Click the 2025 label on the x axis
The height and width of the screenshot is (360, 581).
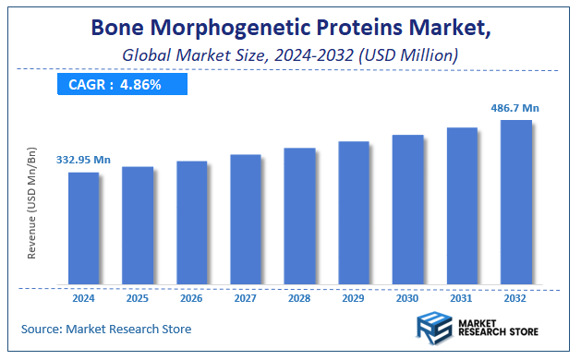[x=138, y=298]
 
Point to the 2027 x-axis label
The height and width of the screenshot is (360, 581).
[x=246, y=298]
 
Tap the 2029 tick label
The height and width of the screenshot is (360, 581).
[x=354, y=298]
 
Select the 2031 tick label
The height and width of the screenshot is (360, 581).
[x=462, y=298]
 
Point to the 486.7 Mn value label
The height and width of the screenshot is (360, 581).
[x=514, y=108]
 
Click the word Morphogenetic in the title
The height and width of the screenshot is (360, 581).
[x=235, y=30]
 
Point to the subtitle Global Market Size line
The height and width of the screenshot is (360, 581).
[x=290, y=57]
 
